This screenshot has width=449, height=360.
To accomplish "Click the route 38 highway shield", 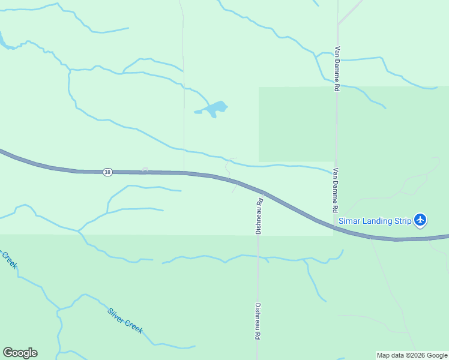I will [x=107, y=172].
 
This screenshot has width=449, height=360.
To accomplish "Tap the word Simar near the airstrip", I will [x=350, y=221].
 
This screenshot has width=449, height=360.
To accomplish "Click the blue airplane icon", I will [x=420, y=220].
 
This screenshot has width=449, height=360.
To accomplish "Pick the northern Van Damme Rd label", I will [x=337, y=68].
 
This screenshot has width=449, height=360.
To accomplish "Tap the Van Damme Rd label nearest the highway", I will [x=336, y=190].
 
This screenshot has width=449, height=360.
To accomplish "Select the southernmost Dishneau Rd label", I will [x=258, y=322].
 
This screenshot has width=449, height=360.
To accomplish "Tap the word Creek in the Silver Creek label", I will [x=134, y=327].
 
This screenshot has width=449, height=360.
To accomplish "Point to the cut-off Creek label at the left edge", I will [x=8, y=259].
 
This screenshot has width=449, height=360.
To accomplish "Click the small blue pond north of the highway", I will [x=214, y=109].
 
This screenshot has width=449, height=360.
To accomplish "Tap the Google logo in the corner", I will [x=20, y=353].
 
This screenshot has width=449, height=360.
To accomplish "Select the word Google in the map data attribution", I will [x=435, y=356].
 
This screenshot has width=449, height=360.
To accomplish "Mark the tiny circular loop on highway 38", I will [x=144, y=170].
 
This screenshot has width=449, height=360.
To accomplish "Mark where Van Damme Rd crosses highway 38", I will [x=336, y=227].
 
